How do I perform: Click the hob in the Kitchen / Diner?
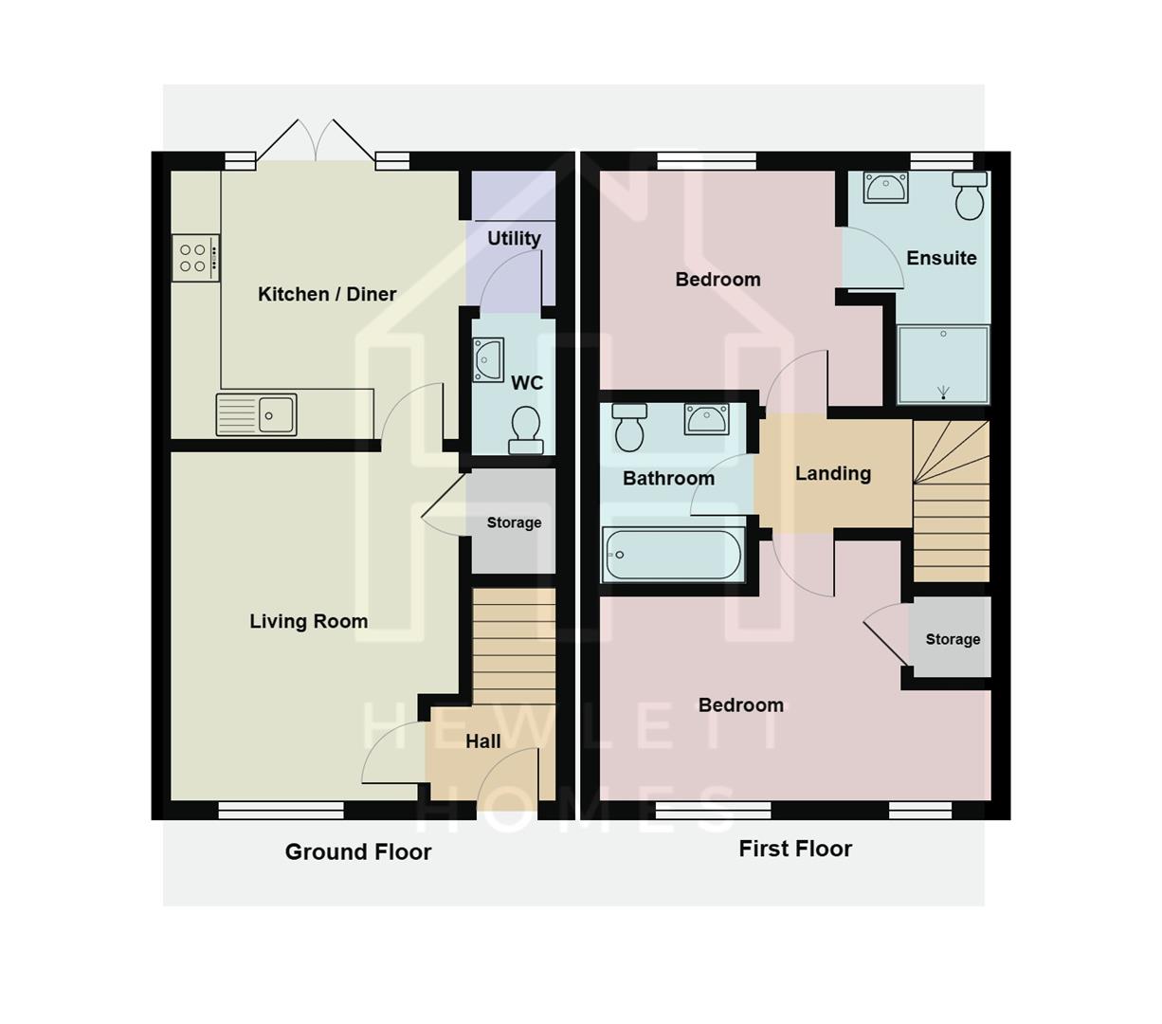click(195, 258)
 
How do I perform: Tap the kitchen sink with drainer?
click(257, 414)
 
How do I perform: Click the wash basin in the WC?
click(488, 360)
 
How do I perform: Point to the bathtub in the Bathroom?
click(673, 555)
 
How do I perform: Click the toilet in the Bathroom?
click(629, 427)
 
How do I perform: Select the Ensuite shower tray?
click(943, 365)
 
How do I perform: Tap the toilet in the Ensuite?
click(970, 195)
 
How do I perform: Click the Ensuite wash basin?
click(886, 187)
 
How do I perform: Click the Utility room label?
click(514, 238)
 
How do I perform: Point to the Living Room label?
click(308, 621)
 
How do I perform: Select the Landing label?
click(832, 473)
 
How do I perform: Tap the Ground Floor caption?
click(358, 851)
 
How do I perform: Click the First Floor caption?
click(795, 849)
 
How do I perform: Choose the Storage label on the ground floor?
click(514, 522)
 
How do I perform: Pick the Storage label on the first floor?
click(953, 639)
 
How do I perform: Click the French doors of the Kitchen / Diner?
click(316, 142)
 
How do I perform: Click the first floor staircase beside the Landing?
click(951, 503)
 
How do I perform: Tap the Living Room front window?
click(281, 810)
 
